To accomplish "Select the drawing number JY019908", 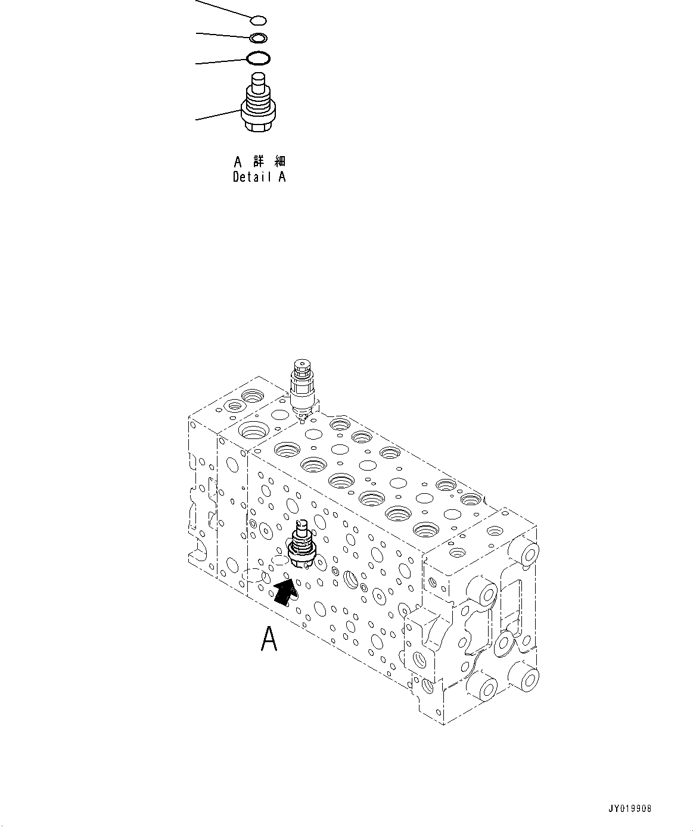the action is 630,808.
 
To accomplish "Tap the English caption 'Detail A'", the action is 259,177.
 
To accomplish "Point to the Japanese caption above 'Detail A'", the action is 259,161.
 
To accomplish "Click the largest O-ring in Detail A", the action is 259,58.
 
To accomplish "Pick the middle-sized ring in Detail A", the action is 259,39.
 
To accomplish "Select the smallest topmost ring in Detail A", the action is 258,21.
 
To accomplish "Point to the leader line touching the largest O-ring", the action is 220,61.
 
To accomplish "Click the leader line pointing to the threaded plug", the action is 218,115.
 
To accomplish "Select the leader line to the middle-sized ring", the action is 223,35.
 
